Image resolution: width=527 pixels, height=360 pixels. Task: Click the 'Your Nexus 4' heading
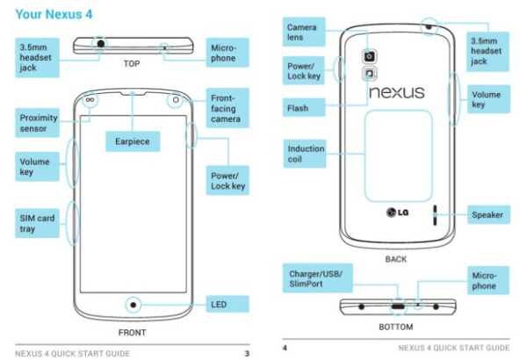54,14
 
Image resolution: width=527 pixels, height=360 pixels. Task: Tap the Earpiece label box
133,141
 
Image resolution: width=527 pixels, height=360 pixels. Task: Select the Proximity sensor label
37,123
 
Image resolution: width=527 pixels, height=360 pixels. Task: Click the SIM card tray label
37,223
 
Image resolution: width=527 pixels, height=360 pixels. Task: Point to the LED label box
227,304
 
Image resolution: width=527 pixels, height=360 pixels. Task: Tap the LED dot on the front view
134,305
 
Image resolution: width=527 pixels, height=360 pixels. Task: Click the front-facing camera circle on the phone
176,100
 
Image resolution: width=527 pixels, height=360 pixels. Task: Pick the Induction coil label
305,154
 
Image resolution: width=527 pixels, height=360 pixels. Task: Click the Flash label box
304,108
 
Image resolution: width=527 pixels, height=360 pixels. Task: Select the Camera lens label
304,32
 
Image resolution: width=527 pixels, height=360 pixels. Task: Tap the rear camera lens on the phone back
370,56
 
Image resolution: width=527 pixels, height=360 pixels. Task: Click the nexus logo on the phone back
397,92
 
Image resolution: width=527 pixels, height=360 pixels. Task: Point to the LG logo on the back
397,212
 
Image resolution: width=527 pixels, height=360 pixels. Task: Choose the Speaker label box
488,215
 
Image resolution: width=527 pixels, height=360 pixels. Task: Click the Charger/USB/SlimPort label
318,278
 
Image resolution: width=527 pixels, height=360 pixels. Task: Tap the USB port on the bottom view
398,306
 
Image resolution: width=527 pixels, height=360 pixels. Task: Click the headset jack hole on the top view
100,44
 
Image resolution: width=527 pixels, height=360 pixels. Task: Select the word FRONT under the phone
132,333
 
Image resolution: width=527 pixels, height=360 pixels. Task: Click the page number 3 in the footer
247,354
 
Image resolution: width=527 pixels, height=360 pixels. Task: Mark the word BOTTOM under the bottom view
396,327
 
